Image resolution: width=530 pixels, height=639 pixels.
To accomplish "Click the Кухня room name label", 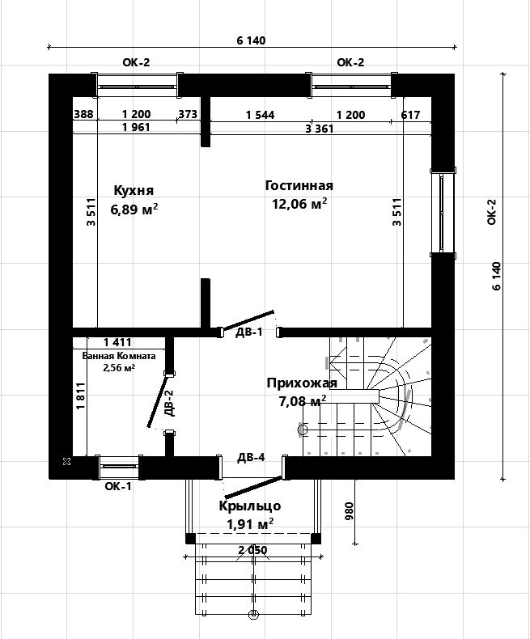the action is pyautogui.click(x=134, y=190).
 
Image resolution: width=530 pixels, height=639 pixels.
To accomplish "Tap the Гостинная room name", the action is pyautogui.click(x=299, y=185).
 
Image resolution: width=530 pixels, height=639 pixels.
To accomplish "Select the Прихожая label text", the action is pyautogui.click(x=302, y=383).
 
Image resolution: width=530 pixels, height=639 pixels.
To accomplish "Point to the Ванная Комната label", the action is pyautogui.click(x=119, y=356).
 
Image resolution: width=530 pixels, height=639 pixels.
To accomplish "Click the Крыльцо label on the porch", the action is pyautogui.click(x=250, y=506).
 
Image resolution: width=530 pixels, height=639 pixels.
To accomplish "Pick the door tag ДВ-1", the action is pyautogui.click(x=249, y=332).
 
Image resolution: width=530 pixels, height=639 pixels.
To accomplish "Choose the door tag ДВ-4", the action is pyautogui.click(x=251, y=457).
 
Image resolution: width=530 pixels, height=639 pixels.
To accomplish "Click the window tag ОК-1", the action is pyautogui.click(x=118, y=486).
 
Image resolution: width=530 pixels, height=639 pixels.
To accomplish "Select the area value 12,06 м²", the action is pyautogui.click(x=299, y=203).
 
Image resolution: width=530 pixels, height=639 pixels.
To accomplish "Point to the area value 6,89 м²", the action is pyautogui.click(x=134, y=209).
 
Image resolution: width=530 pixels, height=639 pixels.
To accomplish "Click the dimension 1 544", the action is pyautogui.click(x=260, y=115).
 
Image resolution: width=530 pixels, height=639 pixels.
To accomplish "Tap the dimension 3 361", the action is pyautogui.click(x=320, y=129).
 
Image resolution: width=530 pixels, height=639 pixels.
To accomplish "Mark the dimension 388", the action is pyautogui.click(x=83, y=114).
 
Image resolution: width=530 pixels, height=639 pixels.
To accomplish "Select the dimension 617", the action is pyautogui.click(x=410, y=115).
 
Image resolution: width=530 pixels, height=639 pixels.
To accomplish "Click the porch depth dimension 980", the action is pyautogui.click(x=350, y=511).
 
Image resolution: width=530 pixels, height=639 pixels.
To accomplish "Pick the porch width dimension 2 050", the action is pyautogui.click(x=252, y=550).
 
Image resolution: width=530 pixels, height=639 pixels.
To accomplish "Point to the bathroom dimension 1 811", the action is pyautogui.click(x=81, y=396).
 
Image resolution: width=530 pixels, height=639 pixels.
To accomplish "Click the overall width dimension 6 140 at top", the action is pyautogui.click(x=251, y=40).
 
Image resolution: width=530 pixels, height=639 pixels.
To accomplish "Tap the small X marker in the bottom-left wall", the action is pyautogui.click(x=67, y=461).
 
